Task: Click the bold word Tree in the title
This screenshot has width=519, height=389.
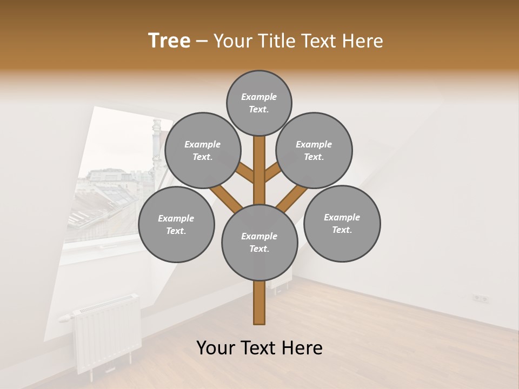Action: point(169,41)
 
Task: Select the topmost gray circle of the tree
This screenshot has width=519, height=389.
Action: point(259,103)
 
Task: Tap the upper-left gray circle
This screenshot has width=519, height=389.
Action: point(203,150)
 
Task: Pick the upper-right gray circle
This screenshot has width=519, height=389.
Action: point(314,150)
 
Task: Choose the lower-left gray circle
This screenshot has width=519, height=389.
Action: point(176,224)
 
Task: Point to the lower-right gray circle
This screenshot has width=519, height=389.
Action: point(342,223)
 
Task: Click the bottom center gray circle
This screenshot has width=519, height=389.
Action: point(259,242)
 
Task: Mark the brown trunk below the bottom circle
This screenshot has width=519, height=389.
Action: point(259,303)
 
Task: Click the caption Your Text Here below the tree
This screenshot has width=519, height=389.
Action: point(259,348)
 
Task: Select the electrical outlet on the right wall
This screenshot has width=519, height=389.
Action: point(480,298)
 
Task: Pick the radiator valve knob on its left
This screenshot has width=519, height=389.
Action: point(64,318)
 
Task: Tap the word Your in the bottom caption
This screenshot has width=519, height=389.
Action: point(216,348)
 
